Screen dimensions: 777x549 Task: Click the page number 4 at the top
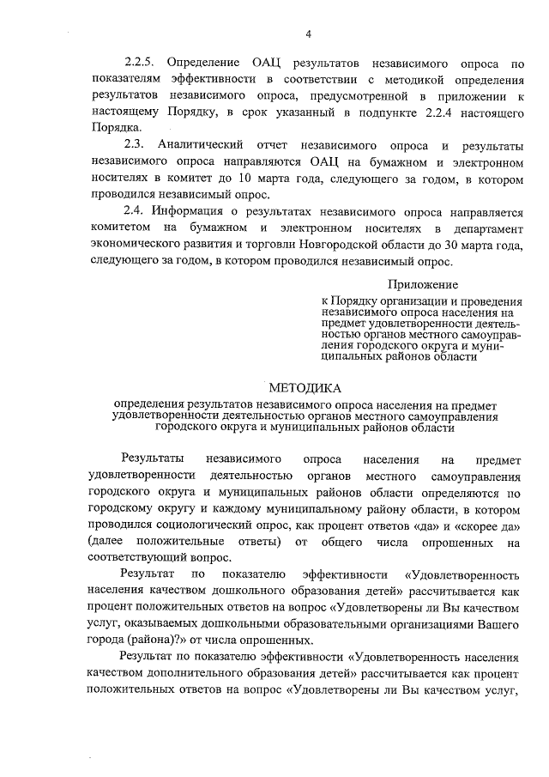click(308, 33)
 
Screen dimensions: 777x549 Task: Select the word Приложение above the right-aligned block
click(422, 284)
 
